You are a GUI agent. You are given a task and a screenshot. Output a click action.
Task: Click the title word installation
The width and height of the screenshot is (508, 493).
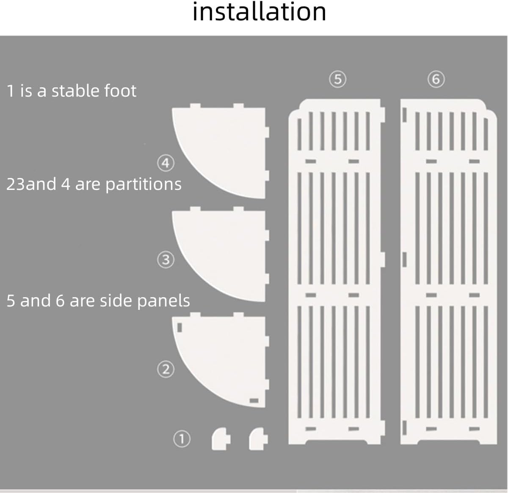point(259,12)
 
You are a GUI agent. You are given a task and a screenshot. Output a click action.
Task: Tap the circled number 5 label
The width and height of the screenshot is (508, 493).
point(337,79)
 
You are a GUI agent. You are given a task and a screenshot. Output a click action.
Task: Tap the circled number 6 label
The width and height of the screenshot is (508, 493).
point(436,79)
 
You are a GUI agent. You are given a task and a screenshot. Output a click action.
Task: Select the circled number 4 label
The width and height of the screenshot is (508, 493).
point(166,163)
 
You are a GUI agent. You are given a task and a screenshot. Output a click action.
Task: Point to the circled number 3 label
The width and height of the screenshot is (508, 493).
point(166,259)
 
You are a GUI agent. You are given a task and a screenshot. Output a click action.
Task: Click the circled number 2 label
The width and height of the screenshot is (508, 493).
point(166,369)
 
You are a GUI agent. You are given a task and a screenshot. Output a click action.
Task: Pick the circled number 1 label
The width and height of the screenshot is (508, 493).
point(182,439)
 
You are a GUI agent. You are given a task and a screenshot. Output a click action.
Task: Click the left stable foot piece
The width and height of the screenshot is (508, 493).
point(221,439)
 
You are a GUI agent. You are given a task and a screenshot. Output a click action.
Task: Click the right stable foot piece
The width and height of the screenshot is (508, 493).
point(258,439)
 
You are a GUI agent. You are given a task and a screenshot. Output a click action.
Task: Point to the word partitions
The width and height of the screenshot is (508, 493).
point(143,184)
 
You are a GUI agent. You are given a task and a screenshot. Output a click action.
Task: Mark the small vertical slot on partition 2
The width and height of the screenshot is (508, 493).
point(179,327)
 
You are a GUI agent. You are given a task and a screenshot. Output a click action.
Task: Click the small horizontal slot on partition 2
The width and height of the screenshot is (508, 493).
point(254,401)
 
